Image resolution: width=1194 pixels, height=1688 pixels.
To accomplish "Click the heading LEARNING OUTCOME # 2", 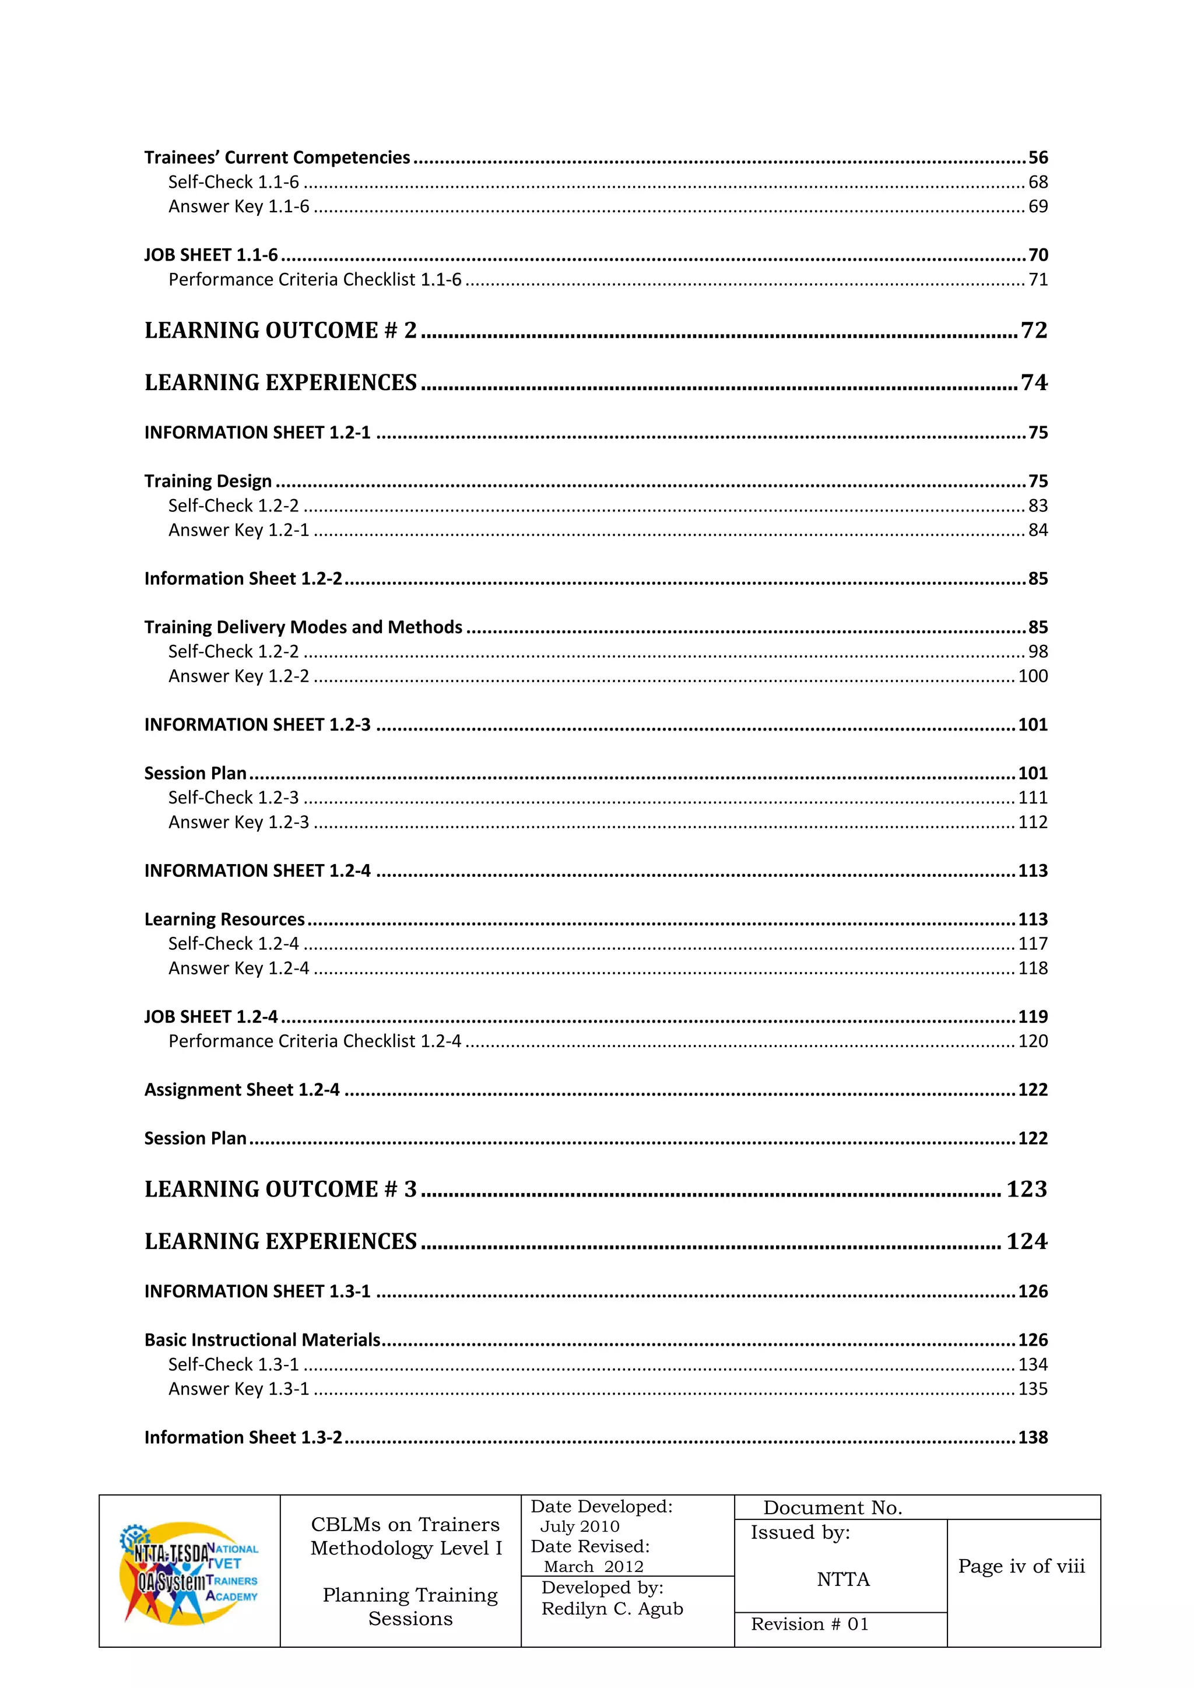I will pyautogui.click(x=280, y=330).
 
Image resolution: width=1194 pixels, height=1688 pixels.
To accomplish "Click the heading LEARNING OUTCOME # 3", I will pyautogui.click(x=280, y=1189).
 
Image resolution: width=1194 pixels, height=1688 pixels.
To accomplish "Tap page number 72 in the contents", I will pyautogui.click(x=1033, y=330).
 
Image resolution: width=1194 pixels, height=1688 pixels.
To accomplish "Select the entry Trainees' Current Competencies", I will pyautogui.click(x=276, y=157).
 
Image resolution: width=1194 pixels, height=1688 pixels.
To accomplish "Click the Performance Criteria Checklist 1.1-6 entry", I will pyautogui.click(x=315, y=279).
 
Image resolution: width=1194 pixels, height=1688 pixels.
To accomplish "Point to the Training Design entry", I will pyautogui.click(x=208, y=481).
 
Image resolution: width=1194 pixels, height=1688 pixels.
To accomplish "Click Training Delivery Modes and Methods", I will pyautogui.click(x=303, y=627).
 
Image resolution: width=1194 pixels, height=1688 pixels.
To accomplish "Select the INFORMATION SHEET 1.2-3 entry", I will pyautogui.click(x=257, y=724).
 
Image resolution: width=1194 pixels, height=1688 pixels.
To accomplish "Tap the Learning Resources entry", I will pyautogui.click(x=224, y=919).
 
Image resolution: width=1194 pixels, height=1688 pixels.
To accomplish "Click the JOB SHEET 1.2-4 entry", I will pyautogui.click(x=211, y=1017).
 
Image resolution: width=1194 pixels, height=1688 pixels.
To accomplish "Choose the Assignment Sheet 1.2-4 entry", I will pyautogui.click(x=242, y=1090).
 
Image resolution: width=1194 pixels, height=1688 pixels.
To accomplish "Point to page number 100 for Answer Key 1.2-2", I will pyautogui.click(x=1033, y=676).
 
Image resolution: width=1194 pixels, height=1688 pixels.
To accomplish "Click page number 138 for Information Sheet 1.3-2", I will pyautogui.click(x=1033, y=1437).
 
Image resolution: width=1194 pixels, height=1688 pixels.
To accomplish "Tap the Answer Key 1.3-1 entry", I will pyautogui.click(x=239, y=1389).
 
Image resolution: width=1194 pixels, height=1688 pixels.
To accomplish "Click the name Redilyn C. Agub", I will pyautogui.click(x=612, y=1609).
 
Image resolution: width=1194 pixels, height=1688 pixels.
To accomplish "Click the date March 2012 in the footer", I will pyautogui.click(x=594, y=1567).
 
